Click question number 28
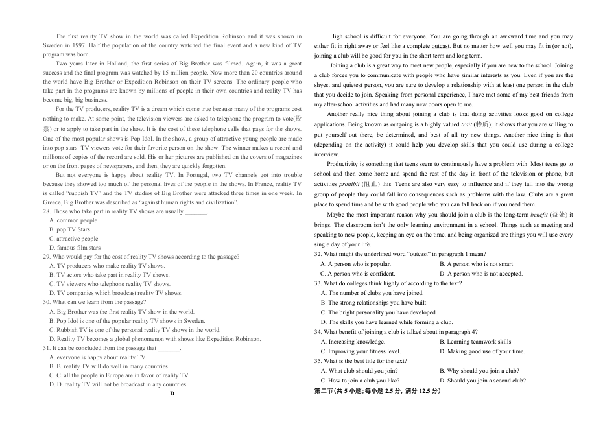click(47, 211)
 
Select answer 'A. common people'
click(73, 220)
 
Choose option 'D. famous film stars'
click(75, 248)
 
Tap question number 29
click(47, 257)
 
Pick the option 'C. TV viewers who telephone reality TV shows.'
click(110, 284)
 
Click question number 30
click(47, 302)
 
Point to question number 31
click(47, 347)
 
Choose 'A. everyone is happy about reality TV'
click(97, 357)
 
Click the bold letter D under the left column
click(172, 394)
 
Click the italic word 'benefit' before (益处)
click(539, 215)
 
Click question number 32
click(318, 254)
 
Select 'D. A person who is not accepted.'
click(480, 274)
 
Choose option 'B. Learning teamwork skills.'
click(475, 342)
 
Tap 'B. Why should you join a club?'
click(479, 371)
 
